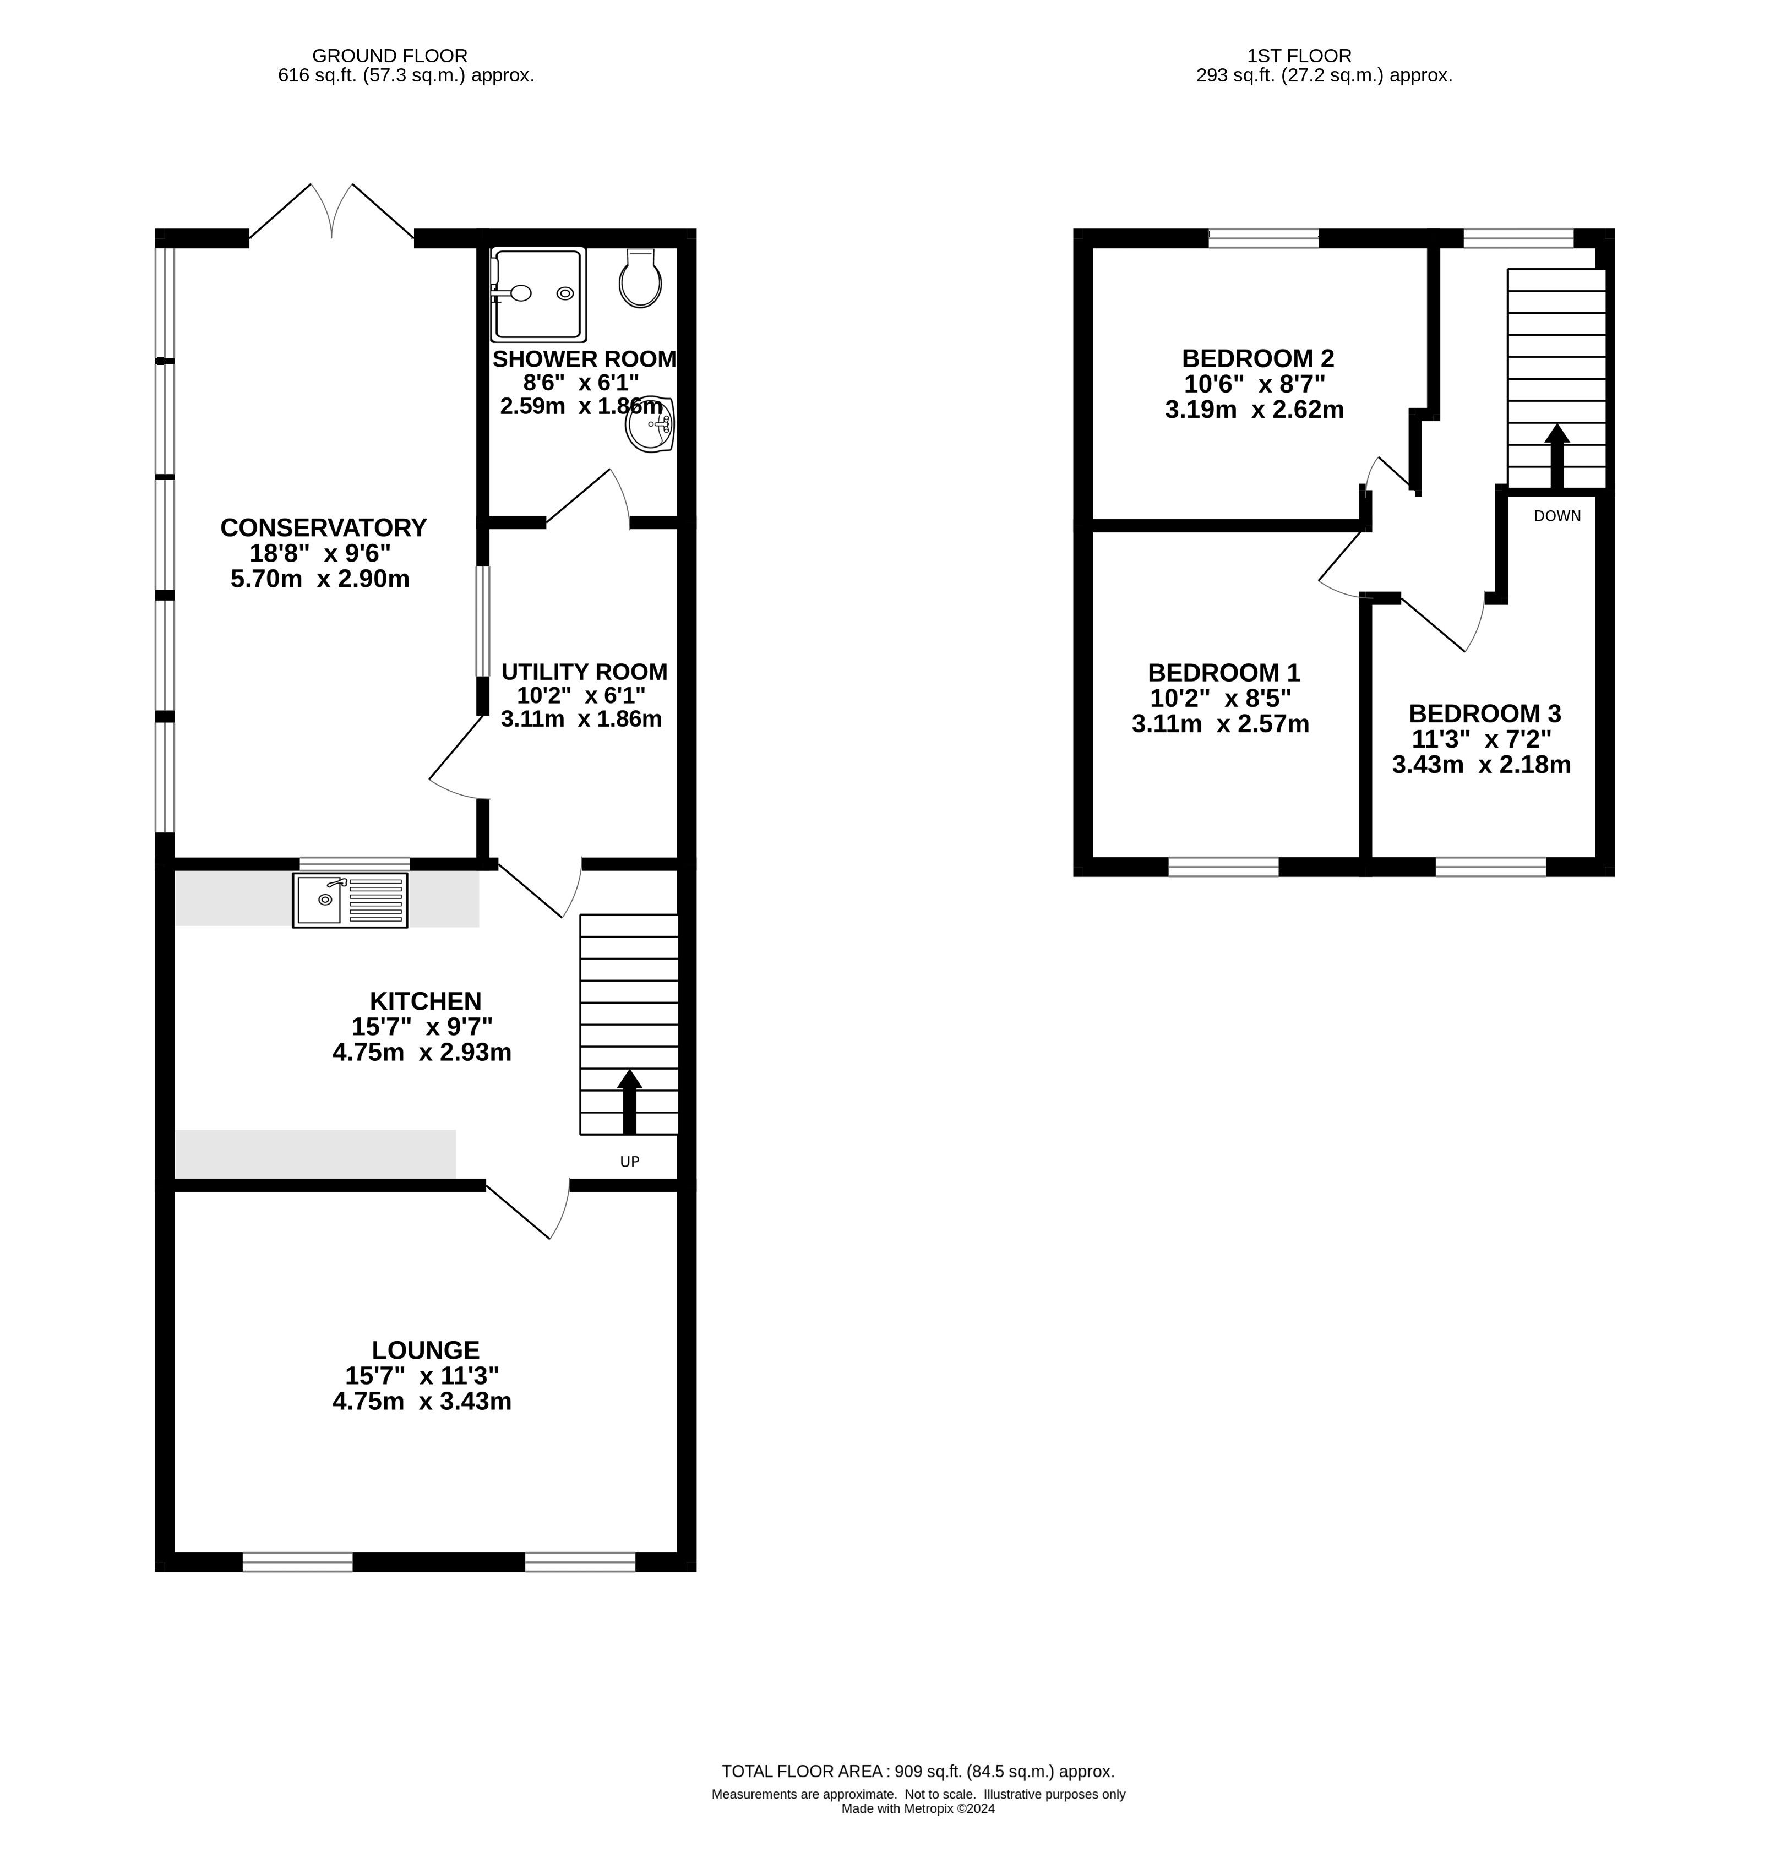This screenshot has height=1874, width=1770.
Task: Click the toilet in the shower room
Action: (641, 279)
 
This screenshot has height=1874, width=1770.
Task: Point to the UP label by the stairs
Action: (629, 1162)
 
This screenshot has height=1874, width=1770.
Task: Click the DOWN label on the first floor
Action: (1557, 516)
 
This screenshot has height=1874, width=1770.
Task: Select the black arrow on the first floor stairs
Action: (1557, 457)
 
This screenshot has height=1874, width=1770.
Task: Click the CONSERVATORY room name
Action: (324, 527)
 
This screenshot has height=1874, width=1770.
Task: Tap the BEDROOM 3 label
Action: (1485, 713)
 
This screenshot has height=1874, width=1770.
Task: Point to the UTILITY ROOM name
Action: (584, 672)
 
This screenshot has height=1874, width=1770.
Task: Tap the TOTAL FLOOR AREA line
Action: (918, 1772)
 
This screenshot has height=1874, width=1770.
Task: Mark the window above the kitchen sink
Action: (355, 863)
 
